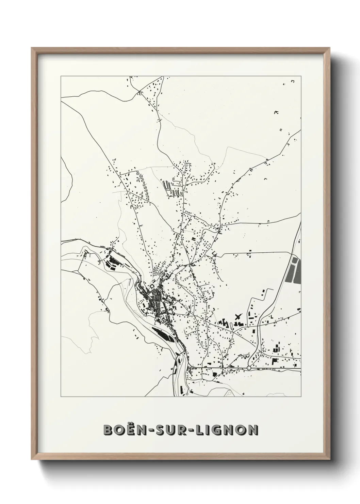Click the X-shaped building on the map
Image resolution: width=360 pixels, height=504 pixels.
pos(238,317)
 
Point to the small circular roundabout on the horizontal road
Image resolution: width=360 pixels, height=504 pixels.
pos(249,368)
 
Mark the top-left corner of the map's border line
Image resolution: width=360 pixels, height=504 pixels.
pos(61,76)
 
